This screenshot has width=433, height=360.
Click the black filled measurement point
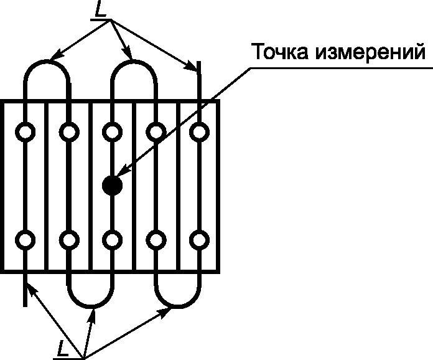(112, 185)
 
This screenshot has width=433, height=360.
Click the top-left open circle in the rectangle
(26, 131)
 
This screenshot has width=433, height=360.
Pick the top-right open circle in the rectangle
(199, 131)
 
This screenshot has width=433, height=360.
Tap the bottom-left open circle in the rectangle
(26, 239)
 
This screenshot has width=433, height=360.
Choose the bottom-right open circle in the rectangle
(199, 239)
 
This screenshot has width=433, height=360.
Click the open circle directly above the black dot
(112, 131)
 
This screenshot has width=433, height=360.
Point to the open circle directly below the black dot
(112, 239)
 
